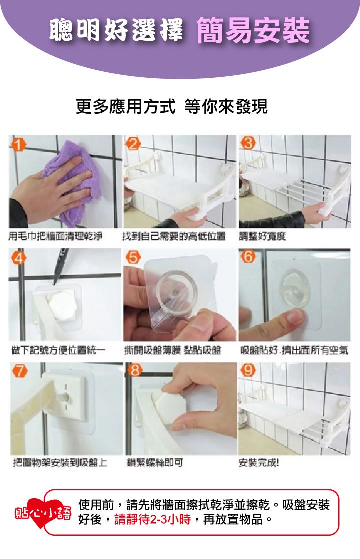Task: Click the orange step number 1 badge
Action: click(x=18, y=144)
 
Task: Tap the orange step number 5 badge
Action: click(x=133, y=257)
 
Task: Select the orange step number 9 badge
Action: click(x=248, y=370)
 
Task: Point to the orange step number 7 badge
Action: click(x=20, y=371)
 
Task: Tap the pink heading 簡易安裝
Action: click(x=253, y=30)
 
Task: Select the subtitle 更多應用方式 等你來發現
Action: click(x=172, y=106)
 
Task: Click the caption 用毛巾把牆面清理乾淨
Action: click(x=55, y=236)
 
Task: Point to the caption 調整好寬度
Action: click(x=262, y=236)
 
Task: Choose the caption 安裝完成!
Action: click(x=259, y=463)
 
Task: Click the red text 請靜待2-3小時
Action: click(x=153, y=519)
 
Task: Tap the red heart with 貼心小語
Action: click(x=43, y=513)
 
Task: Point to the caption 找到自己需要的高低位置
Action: click(x=174, y=236)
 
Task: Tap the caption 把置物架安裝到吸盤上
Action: click(x=60, y=463)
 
